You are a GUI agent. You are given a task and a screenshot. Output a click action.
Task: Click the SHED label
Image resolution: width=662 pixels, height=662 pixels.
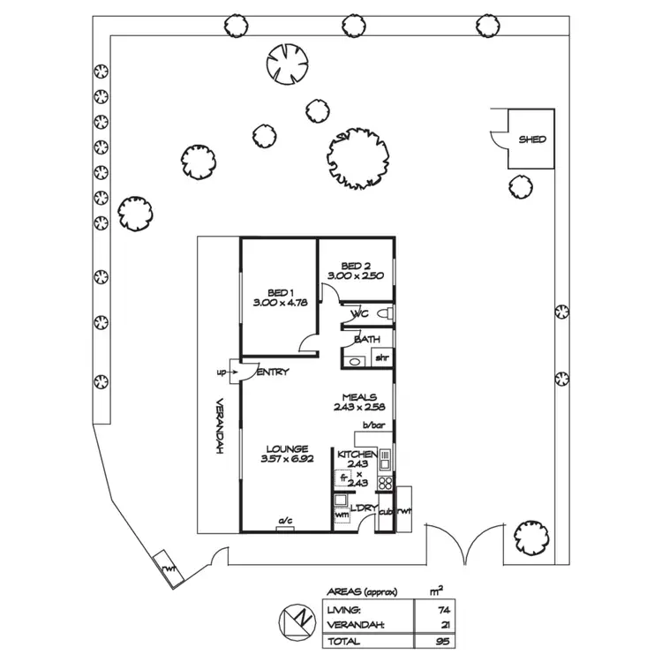tap(531, 139)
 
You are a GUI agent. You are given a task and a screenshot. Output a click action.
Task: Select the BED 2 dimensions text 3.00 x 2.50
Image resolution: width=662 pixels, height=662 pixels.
tap(355, 276)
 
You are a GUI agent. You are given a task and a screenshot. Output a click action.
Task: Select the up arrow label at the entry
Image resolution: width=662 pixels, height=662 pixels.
tap(221, 372)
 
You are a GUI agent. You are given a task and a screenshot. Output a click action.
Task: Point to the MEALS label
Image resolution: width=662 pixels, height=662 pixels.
tap(359, 397)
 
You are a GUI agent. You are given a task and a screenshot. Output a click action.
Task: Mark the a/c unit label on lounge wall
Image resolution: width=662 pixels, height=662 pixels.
tap(286, 520)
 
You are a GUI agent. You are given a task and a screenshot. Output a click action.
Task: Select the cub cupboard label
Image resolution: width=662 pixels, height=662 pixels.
tap(385, 511)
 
